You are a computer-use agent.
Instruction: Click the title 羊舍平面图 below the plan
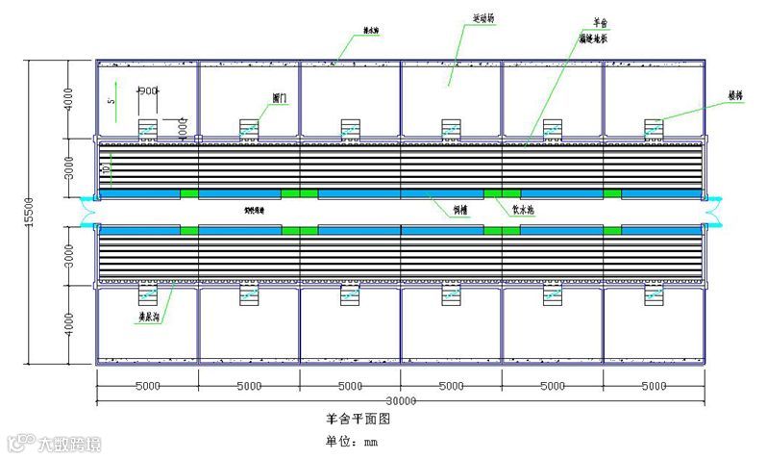358,420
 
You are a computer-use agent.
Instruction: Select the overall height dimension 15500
32,213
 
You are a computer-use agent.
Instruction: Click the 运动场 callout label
485,17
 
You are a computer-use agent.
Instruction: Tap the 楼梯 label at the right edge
734,96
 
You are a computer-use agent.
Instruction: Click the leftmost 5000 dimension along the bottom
147,386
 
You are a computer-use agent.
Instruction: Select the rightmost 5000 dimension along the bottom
654,386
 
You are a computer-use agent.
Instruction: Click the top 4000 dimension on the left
68,100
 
